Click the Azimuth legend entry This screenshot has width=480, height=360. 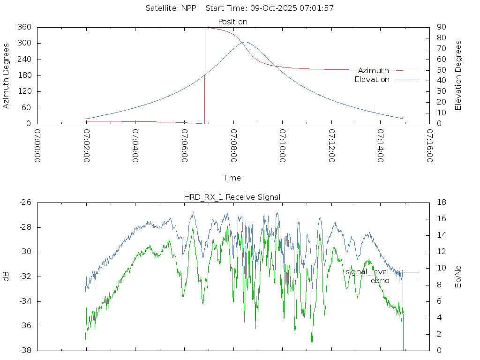374,71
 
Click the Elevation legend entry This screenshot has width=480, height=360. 372,80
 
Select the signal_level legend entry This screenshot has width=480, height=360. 367,272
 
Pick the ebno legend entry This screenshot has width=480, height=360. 380,281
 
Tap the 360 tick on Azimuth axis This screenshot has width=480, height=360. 24,27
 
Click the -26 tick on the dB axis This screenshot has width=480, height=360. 25,202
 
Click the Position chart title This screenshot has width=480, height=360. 233,22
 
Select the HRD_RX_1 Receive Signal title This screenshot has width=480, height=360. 232,197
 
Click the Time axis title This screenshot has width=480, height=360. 232,178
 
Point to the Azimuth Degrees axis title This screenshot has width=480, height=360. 6,75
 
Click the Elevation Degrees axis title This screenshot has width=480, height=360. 458,75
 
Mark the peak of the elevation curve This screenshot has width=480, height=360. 245,42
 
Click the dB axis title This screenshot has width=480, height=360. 6,277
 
